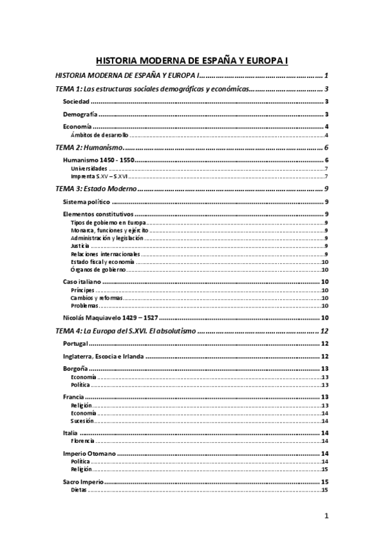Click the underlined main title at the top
tap(192, 61)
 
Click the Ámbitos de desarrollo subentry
tap(100, 135)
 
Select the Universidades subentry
tap(90, 168)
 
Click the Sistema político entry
tap(87, 202)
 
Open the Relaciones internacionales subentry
tap(97, 254)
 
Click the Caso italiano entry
tap(83, 282)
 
